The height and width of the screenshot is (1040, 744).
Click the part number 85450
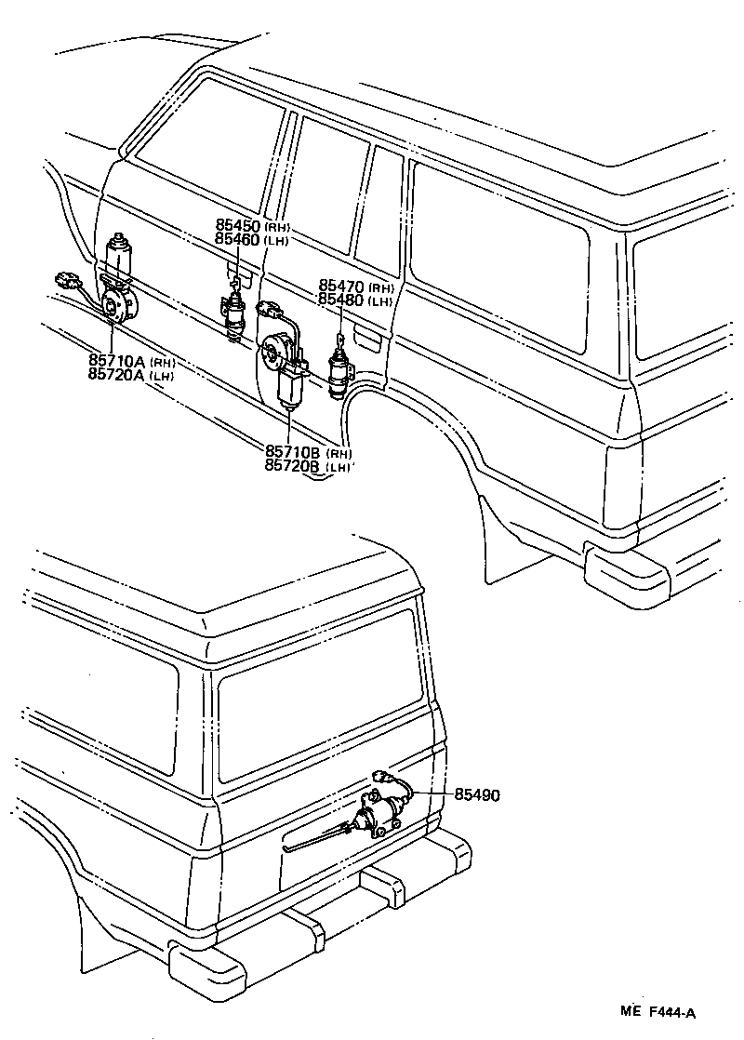pos(238,226)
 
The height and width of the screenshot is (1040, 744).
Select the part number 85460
pos(238,239)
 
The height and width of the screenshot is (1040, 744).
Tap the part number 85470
pos(342,287)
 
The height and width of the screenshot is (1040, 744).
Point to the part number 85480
pos(342,300)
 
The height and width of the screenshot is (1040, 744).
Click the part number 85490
pos(477,794)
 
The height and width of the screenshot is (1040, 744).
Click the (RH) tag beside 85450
pos(277,227)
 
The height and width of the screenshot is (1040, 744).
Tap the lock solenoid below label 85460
pos(232,314)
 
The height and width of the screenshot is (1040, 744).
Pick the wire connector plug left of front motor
pos(67,278)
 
